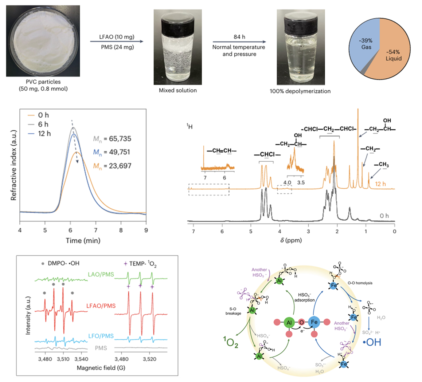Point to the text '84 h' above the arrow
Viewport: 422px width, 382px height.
239,37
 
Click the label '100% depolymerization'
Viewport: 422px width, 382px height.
300,91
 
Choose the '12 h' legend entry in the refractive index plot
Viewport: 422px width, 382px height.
44,134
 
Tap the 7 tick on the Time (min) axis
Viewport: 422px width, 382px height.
95,230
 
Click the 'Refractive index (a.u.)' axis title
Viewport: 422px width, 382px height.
14,164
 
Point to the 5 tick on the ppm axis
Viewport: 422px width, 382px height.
251,231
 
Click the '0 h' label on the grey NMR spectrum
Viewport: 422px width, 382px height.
384,216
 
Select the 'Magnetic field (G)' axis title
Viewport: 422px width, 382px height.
101,368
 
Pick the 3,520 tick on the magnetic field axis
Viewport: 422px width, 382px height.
149,359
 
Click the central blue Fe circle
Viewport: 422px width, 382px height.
314,322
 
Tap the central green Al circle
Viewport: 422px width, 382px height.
289,323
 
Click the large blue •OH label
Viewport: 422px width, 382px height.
371,342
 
